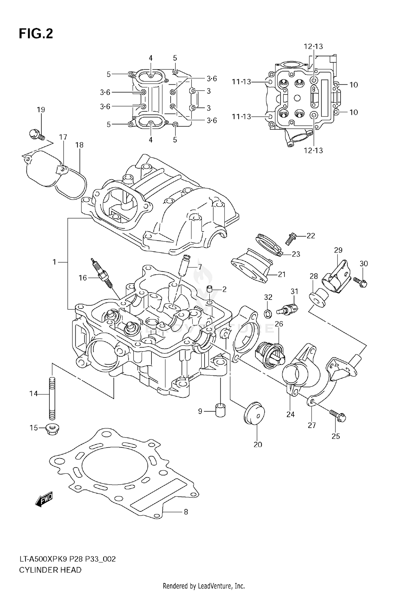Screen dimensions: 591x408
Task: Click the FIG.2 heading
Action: tap(36, 34)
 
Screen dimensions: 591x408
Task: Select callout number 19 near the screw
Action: tap(41, 110)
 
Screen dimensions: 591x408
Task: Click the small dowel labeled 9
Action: tap(221, 411)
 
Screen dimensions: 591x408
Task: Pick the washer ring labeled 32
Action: tap(268, 314)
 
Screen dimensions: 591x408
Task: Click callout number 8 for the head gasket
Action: tap(186, 512)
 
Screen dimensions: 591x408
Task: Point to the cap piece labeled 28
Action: tap(317, 299)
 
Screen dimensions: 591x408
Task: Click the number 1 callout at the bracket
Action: tap(54, 262)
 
